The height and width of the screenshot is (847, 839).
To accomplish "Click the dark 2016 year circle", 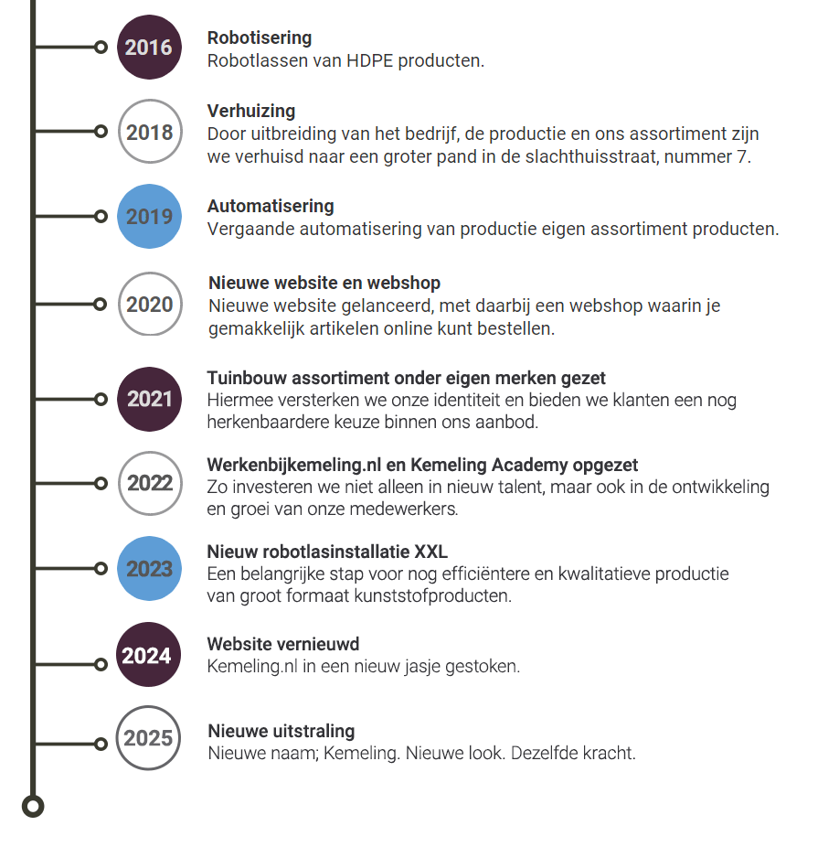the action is coord(149,47).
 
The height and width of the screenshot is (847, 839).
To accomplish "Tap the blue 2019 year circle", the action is coord(149,216).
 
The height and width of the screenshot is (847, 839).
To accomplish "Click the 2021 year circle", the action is coord(149,399).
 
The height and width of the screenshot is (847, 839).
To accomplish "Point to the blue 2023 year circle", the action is coord(149,568).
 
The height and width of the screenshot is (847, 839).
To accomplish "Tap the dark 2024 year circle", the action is coord(148,655).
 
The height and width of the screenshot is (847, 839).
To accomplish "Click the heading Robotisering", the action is coord(260,38).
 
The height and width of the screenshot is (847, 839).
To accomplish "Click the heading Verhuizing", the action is coord(251,112).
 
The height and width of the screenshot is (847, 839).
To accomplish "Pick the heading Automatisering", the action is coord(271,206).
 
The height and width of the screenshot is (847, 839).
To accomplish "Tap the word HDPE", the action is coord(369,60).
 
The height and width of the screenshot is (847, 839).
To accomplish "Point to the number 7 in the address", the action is coord(742,156).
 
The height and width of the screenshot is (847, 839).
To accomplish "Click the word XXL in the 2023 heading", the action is coord(430,552).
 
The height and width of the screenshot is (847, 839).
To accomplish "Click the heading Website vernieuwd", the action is coord(283,644).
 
